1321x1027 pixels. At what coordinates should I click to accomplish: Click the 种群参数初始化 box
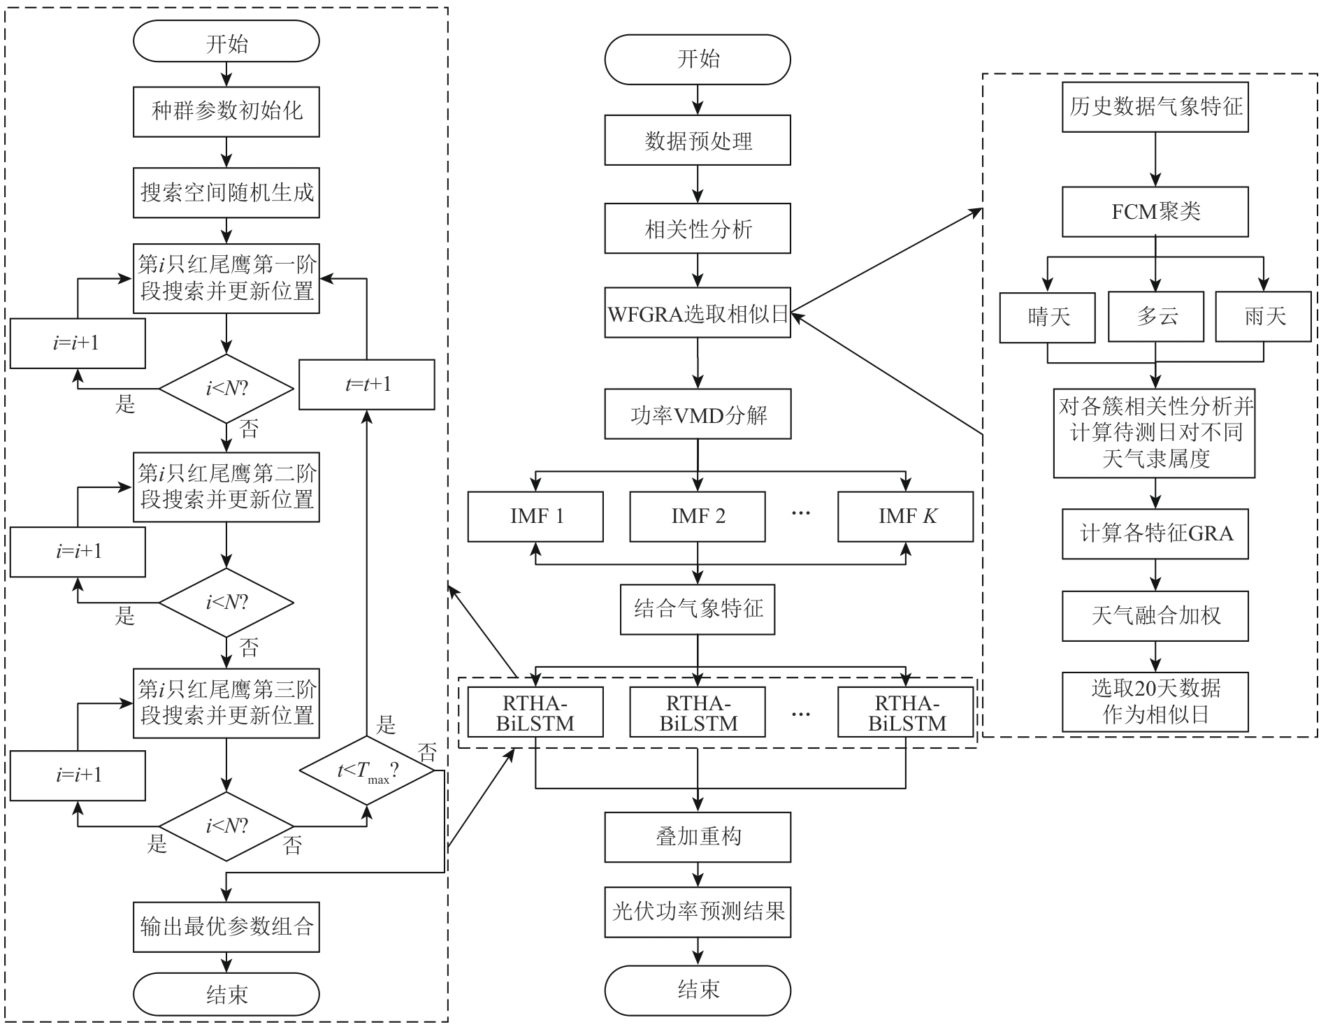click(226, 111)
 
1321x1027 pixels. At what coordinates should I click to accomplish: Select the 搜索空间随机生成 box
click(226, 192)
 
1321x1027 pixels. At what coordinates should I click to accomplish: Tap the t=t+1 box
click(367, 385)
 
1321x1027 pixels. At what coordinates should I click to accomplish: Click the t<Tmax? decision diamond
click(367, 771)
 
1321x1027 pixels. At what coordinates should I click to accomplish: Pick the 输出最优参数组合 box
click(226, 927)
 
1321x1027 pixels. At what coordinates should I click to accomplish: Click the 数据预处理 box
click(698, 141)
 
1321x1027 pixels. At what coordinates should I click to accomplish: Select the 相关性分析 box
click(698, 229)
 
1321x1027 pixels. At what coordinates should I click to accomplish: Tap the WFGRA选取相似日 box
click(698, 313)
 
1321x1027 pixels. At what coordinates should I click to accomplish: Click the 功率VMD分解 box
click(698, 415)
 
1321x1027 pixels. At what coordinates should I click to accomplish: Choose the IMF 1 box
click(535, 517)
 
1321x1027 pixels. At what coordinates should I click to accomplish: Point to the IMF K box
click(906, 517)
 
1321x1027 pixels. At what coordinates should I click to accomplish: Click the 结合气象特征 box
click(698, 610)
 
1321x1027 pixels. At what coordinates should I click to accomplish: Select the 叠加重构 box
click(698, 837)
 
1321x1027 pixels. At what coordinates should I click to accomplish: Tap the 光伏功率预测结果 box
click(698, 912)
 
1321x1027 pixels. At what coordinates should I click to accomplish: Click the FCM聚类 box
click(1155, 212)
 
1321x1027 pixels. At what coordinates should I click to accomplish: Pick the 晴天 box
click(1047, 317)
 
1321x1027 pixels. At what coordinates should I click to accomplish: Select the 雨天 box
click(1264, 317)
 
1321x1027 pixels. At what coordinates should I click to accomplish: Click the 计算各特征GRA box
click(1155, 534)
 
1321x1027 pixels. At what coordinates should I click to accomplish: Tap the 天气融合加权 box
click(1155, 616)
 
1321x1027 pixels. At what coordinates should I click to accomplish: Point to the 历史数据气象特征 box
click(1155, 107)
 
